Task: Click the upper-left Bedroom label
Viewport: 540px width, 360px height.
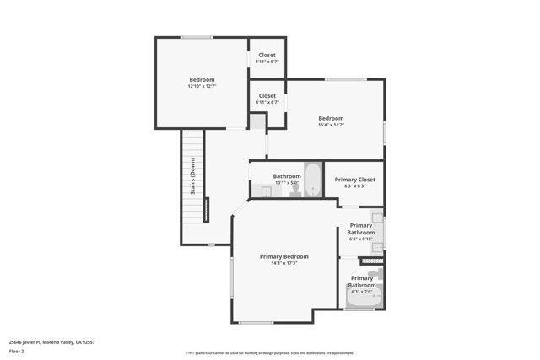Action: tap(201, 79)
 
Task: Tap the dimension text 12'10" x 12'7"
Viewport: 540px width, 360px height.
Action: tap(201, 86)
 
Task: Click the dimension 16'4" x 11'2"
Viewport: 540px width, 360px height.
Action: tap(331, 125)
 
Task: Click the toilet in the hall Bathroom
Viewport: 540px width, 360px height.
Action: tap(295, 191)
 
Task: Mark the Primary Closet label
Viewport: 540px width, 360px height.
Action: tap(355, 180)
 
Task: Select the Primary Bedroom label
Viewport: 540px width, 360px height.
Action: tap(283, 256)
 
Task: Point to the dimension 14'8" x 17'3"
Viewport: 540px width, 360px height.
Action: tap(283, 263)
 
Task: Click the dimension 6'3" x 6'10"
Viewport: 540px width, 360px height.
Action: tap(361, 239)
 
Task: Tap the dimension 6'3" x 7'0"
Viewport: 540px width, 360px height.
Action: tap(361, 292)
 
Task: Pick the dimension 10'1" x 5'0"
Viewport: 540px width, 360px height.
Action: tap(287, 183)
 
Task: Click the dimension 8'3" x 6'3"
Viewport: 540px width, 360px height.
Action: tap(355, 186)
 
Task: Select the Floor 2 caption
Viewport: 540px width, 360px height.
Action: tap(18, 352)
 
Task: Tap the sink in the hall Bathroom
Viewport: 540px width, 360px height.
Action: tap(264, 191)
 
